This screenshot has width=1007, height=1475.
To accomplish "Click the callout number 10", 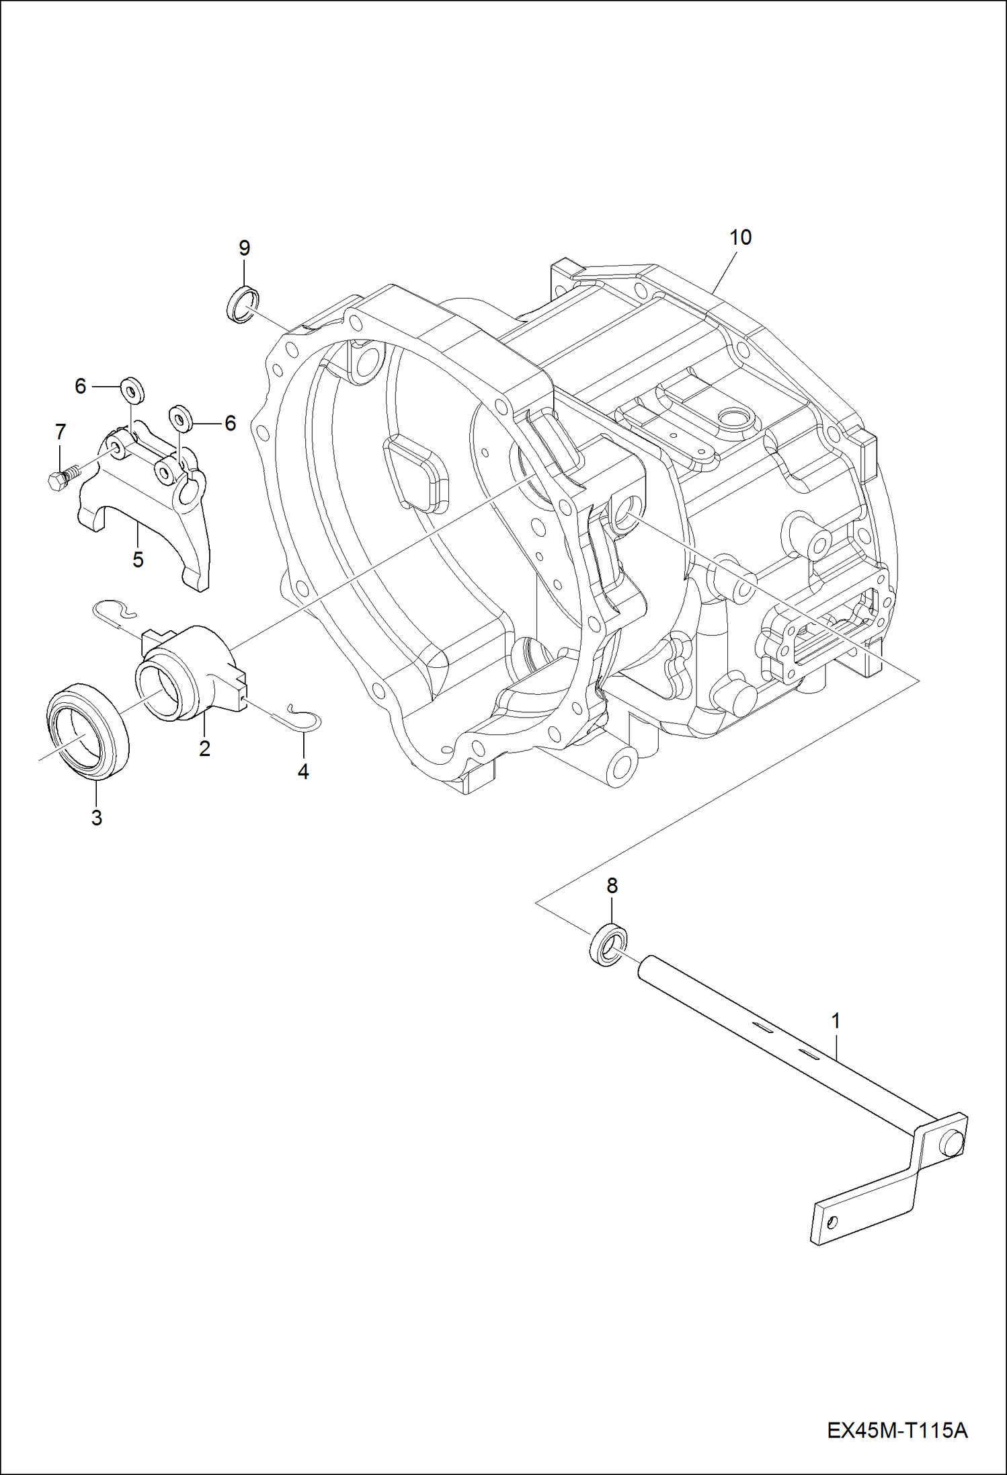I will (x=740, y=237).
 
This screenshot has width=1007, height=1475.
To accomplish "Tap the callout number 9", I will (x=245, y=248).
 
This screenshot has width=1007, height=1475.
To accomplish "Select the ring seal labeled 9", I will (x=241, y=303).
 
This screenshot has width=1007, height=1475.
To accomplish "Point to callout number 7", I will (x=61, y=432).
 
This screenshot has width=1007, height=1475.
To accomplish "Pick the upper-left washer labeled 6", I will (x=132, y=391).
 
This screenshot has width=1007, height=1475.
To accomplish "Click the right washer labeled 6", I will (x=180, y=419).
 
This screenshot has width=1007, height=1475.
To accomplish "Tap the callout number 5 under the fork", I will (x=138, y=559).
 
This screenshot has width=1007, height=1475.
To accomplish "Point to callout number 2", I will (x=204, y=747).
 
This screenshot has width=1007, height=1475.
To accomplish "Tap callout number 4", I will (x=303, y=771).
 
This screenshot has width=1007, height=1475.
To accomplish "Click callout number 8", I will (x=612, y=886).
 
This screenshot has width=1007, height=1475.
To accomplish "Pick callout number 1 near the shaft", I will (x=836, y=1021).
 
